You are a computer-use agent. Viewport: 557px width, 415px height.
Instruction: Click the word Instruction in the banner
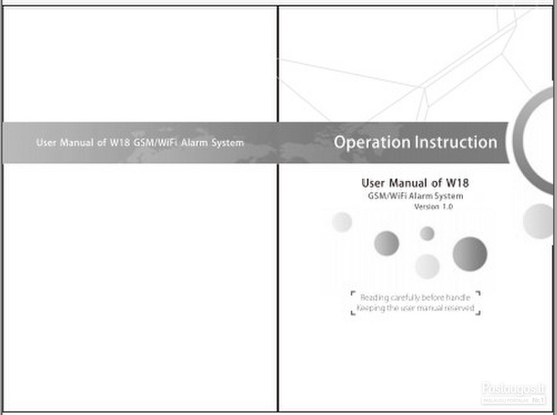pyautogui.click(x=456, y=142)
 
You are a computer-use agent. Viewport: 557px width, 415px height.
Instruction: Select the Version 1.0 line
pyautogui.click(x=433, y=207)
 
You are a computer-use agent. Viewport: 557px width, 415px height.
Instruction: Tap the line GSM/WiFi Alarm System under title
pyautogui.click(x=415, y=196)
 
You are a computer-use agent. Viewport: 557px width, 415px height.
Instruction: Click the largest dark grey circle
pyautogui.click(x=469, y=254)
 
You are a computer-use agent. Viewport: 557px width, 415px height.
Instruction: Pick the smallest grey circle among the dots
pyautogui.click(x=427, y=233)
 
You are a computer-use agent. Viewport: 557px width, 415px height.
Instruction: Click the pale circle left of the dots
pyautogui.click(x=342, y=222)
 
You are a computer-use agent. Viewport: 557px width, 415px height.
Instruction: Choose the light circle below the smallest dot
pyautogui.click(x=427, y=266)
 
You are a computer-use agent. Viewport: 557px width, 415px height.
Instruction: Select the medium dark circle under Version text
pyautogui.click(x=386, y=243)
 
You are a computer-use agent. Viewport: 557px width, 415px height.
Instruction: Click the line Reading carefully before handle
pyautogui.click(x=415, y=298)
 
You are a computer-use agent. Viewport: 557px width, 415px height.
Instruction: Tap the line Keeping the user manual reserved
pyautogui.click(x=415, y=308)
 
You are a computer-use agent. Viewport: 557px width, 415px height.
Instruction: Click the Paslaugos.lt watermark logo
pyautogui.click(x=513, y=388)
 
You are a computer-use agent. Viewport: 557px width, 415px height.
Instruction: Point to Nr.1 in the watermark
pyautogui.click(x=538, y=400)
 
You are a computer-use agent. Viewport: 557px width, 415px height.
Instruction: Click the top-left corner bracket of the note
pyautogui.click(x=353, y=293)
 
